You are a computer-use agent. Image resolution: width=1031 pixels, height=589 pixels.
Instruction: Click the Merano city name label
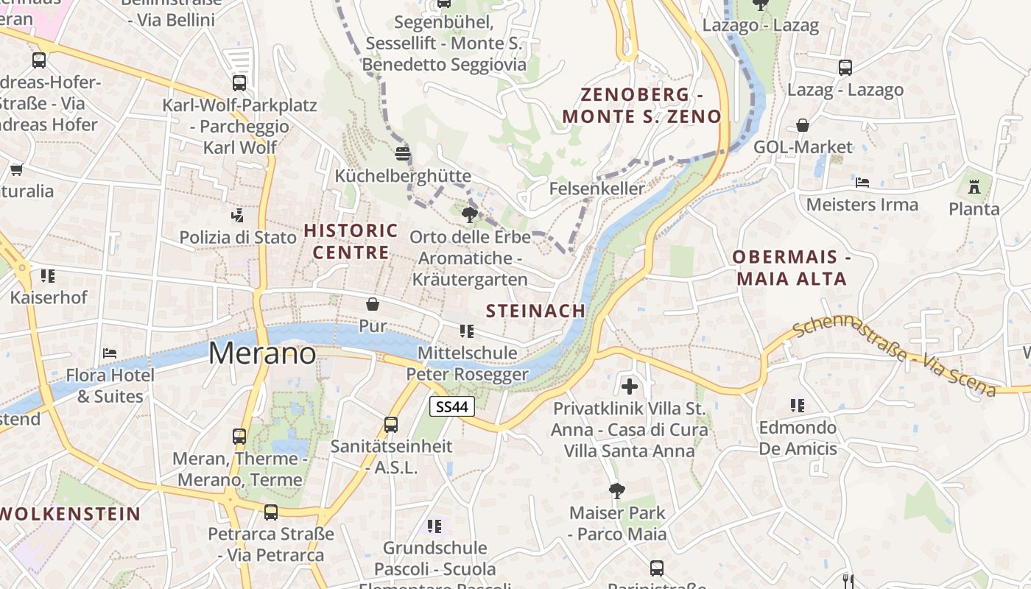click(262, 353)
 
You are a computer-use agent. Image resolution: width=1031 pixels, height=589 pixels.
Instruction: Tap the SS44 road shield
click(451, 406)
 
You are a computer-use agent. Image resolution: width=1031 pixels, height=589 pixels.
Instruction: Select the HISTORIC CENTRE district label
click(351, 241)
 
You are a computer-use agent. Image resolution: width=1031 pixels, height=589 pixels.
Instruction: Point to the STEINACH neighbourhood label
click(535, 311)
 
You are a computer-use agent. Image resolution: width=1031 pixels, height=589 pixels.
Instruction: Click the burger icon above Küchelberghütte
click(402, 153)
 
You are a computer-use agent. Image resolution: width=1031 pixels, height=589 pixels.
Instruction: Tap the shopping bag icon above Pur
click(373, 304)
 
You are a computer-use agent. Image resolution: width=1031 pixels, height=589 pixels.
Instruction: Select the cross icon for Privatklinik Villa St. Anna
click(630, 386)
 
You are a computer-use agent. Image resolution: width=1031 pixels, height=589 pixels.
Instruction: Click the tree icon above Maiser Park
click(617, 490)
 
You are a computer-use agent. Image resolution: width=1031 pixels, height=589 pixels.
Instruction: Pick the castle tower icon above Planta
click(974, 187)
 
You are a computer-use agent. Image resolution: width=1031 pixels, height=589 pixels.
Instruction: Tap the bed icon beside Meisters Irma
click(862, 182)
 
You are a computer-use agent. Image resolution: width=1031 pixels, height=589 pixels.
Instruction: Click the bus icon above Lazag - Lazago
click(845, 68)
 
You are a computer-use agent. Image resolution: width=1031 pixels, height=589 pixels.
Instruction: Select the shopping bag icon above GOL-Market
click(803, 126)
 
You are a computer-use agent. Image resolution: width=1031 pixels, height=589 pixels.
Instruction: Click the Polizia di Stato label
click(238, 237)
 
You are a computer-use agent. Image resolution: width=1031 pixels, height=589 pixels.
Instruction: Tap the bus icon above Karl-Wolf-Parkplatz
click(239, 83)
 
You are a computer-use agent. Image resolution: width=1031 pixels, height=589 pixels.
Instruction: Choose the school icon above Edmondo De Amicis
click(798, 405)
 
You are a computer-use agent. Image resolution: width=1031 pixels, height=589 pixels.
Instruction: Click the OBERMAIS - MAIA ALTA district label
click(791, 268)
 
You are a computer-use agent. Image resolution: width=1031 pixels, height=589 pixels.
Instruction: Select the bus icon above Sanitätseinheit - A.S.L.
click(391, 425)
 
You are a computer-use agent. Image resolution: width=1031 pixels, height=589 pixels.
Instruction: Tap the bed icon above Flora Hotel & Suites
click(110, 353)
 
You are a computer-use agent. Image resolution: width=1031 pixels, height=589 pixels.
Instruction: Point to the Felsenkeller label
click(597, 188)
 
